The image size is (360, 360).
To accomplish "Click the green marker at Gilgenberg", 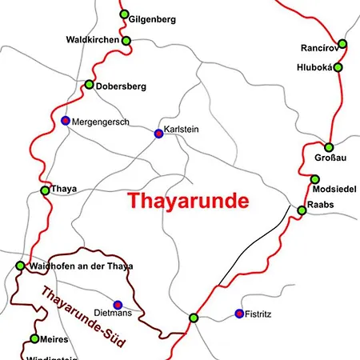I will tap(124, 14).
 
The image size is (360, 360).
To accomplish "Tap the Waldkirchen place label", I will tap(92, 40).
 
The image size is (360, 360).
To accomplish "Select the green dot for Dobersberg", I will tap(89, 84).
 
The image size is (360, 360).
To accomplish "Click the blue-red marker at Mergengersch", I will tap(66, 121).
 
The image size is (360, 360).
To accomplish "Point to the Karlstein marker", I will tap(158, 134).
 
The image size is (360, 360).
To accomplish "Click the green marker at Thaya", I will tap(45, 190).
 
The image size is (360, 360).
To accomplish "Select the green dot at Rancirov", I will tap(342, 44).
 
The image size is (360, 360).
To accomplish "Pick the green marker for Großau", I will tap(329, 146).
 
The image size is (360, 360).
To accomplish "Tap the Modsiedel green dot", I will tap(315, 179).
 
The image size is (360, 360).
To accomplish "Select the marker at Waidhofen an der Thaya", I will tap(20, 266).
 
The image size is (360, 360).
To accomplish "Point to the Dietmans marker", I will tap(118, 304).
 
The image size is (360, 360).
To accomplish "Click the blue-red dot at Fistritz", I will tap(238, 313).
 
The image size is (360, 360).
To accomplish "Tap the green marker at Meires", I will tap(34, 338).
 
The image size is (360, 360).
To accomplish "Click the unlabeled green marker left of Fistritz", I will tap(193, 318).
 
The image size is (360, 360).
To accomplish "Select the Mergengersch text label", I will tap(101, 122).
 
